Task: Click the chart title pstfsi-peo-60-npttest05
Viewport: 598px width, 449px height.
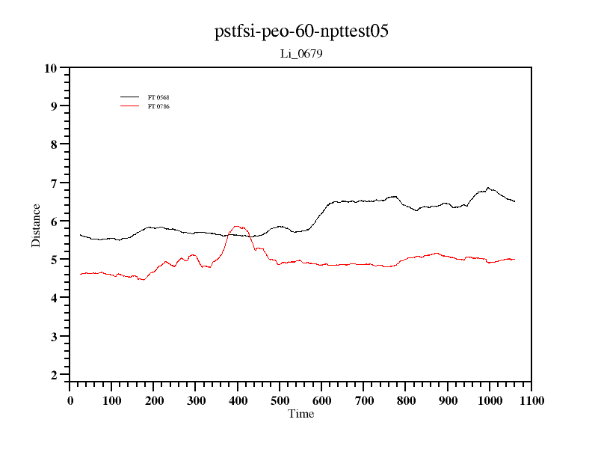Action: pos(301,31)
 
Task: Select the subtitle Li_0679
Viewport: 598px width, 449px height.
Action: pos(301,54)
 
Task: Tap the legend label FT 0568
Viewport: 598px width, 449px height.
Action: pos(159,97)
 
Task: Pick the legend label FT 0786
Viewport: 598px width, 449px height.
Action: pos(159,106)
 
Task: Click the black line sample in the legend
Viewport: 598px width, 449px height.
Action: pos(130,97)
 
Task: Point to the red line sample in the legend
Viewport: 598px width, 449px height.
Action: pos(130,106)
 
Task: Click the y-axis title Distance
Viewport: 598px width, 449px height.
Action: pos(36,225)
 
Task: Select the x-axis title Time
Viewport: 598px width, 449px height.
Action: pos(301,414)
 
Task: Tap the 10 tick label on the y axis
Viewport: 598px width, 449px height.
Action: pos(51,68)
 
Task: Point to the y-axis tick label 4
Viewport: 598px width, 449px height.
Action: pos(54,298)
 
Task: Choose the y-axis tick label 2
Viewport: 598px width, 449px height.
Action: pos(54,375)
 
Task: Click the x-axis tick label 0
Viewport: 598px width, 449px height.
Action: pos(70,400)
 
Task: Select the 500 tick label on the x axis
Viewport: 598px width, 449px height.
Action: pos(280,400)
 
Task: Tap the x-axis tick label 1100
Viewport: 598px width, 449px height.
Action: pos(531,400)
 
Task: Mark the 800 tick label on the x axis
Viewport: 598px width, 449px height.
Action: pos(406,400)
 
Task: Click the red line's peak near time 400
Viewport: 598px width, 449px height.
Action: pos(237,226)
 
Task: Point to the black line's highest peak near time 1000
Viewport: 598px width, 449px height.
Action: pos(488,188)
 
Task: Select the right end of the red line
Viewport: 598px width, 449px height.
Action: pos(515,259)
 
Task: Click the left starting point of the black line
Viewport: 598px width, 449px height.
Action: pos(80,234)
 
